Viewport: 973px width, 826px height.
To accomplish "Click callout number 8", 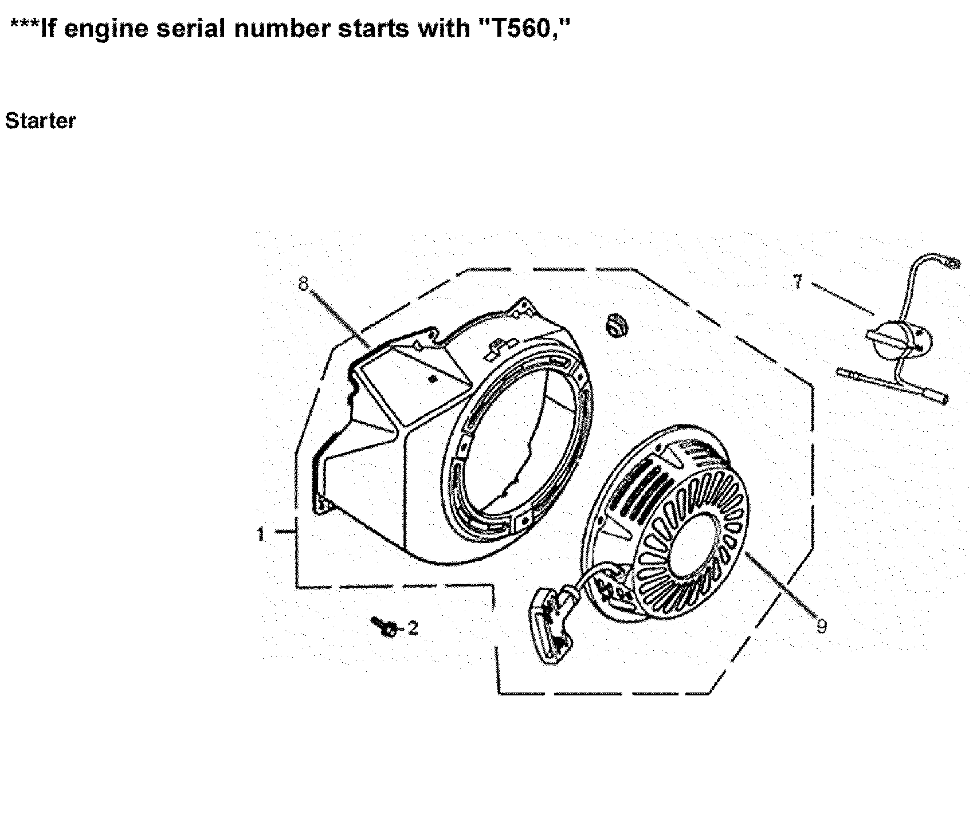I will click(x=304, y=283).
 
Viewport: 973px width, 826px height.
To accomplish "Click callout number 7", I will click(x=797, y=283).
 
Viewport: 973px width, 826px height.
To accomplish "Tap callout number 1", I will click(x=261, y=534).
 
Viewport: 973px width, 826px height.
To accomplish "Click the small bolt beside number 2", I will click(x=385, y=627).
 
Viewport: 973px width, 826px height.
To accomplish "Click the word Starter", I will click(x=40, y=121).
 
